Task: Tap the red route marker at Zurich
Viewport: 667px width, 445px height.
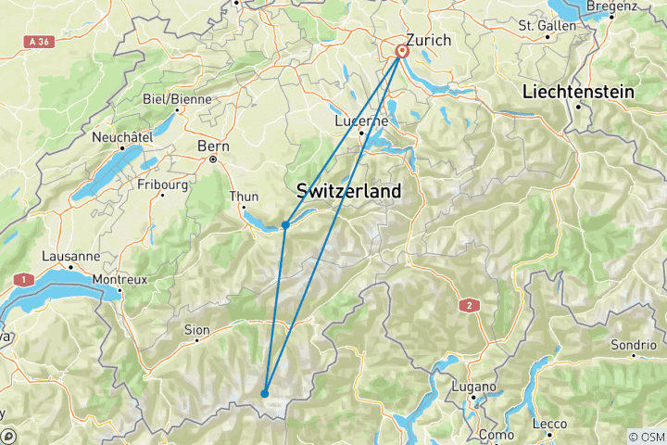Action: click(403, 52)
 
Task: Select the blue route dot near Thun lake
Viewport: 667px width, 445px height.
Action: click(285, 225)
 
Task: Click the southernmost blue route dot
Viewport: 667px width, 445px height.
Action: click(265, 393)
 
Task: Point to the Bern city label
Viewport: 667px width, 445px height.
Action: click(212, 146)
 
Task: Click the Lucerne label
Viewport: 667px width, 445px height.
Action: click(361, 121)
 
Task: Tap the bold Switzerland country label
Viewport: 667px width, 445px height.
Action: click(349, 191)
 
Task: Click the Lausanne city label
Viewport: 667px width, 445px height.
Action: click(71, 256)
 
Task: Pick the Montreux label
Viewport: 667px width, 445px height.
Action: click(121, 278)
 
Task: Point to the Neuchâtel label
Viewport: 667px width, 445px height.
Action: click(121, 137)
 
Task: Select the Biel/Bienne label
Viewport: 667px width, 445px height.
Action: click(177, 99)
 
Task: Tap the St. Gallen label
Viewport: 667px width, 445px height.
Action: click(547, 25)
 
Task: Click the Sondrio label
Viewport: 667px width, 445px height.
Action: click(633, 344)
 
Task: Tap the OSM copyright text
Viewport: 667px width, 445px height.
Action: click(646, 436)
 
